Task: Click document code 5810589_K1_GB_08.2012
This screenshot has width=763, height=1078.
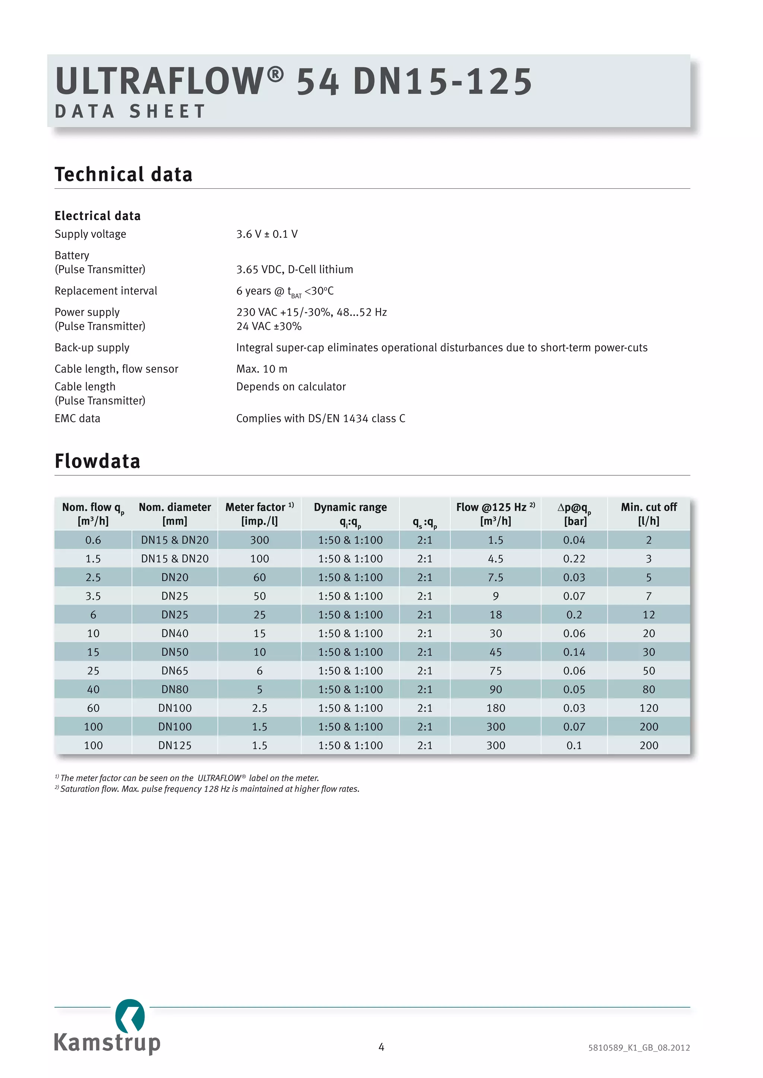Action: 639,1047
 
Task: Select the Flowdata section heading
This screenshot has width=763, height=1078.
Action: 97,461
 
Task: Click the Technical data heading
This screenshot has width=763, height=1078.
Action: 124,174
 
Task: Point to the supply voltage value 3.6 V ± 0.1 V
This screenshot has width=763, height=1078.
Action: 266,234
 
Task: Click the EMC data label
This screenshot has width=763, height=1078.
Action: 77,418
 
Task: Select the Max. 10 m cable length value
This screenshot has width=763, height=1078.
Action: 261,369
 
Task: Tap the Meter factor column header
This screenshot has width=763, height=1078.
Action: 259,514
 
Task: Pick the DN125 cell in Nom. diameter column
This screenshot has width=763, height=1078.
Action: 175,745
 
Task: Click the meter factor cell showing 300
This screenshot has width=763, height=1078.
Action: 259,540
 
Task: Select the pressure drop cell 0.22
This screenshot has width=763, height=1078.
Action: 574,559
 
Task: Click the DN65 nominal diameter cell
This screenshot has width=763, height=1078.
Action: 175,670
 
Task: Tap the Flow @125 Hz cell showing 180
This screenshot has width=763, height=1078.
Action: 496,708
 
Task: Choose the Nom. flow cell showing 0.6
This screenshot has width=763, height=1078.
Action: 93,540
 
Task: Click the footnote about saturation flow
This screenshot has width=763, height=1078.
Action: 209,789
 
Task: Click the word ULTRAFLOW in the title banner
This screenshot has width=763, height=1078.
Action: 160,81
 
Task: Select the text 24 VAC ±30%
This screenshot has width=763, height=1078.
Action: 269,326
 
